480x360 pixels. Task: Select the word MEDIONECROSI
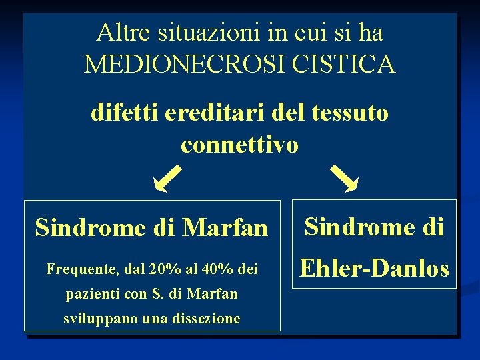[185, 65]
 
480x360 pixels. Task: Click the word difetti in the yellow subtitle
[119, 113]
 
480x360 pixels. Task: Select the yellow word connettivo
[239, 144]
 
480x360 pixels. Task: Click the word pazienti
[92, 293]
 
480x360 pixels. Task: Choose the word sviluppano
[97, 318]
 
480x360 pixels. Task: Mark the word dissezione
[207, 318]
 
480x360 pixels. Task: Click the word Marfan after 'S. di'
[213, 293]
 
